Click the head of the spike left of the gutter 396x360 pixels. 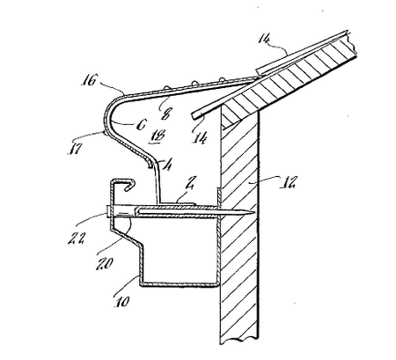tap(103, 211)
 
